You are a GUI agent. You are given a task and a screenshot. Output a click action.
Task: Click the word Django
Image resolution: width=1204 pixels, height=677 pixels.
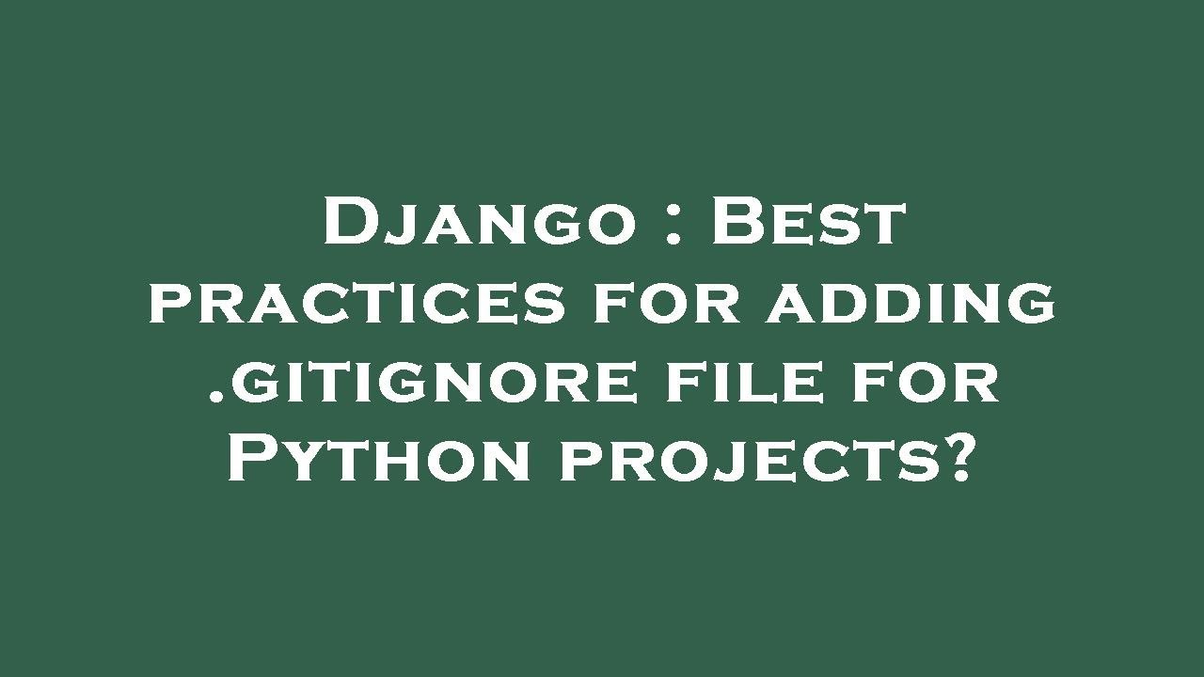(x=477, y=223)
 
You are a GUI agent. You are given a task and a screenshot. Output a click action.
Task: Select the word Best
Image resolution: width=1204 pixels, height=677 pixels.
(x=807, y=223)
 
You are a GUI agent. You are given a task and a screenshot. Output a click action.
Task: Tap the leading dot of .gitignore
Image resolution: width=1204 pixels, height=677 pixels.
(x=214, y=397)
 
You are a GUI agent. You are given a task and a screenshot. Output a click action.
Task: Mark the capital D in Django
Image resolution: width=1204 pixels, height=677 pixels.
(x=351, y=223)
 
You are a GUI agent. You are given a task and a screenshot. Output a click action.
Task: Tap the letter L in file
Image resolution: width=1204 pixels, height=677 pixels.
(x=772, y=384)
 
